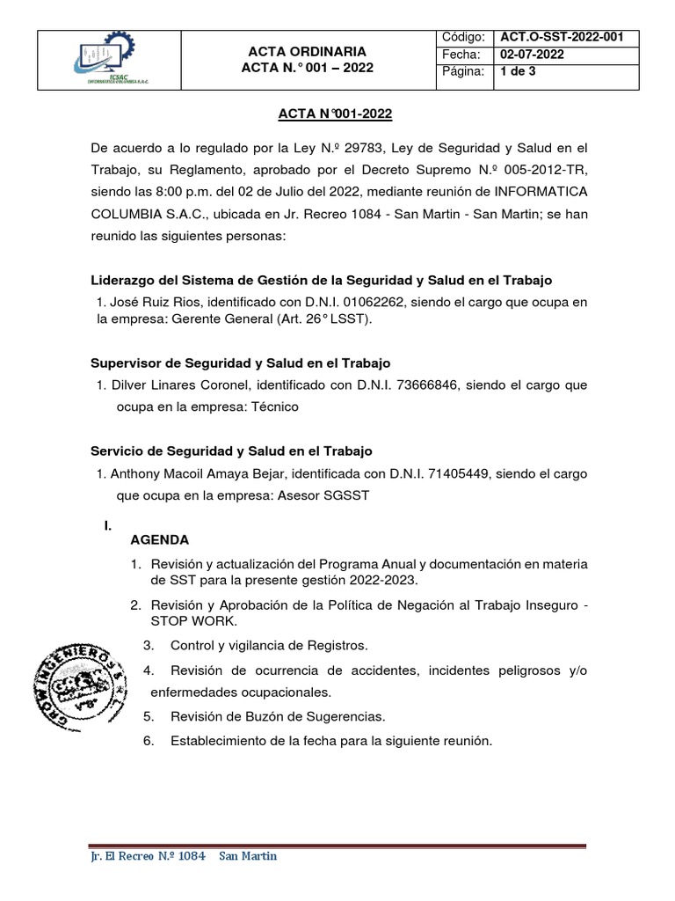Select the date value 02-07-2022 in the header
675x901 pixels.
tap(532, 55)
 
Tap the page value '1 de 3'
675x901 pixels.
tap(516, 71)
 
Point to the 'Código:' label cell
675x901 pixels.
tap(464, 38)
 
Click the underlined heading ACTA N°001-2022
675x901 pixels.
tap(337, 114)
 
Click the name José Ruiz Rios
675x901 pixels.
tap(148, 303)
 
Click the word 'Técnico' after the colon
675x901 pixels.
tap(274, 407)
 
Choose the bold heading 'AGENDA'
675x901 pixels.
tap(159, 539)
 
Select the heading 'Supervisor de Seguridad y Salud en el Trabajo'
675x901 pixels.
tap(241, 363)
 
